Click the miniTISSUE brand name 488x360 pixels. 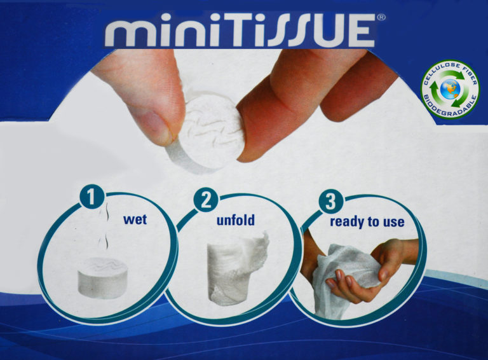[x=240, y=31]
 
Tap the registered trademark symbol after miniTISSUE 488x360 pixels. [x=381, y=18]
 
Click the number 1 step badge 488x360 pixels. [x=91, y=196]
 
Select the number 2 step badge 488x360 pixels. [x=206, y=200]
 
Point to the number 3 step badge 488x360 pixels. [x=331, y=201]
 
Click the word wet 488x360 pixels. [x=135, y=219]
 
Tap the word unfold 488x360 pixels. [x=236, y=220]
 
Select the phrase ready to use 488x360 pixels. [x=367, y=222]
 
